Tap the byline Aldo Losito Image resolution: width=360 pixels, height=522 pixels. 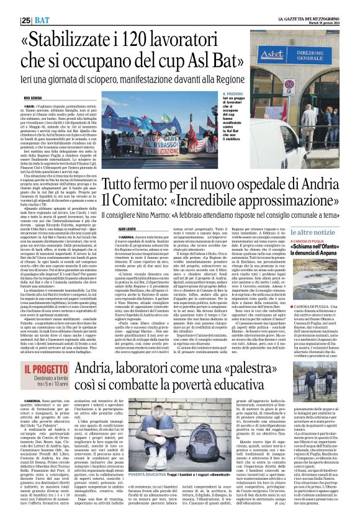tap(109, 228)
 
